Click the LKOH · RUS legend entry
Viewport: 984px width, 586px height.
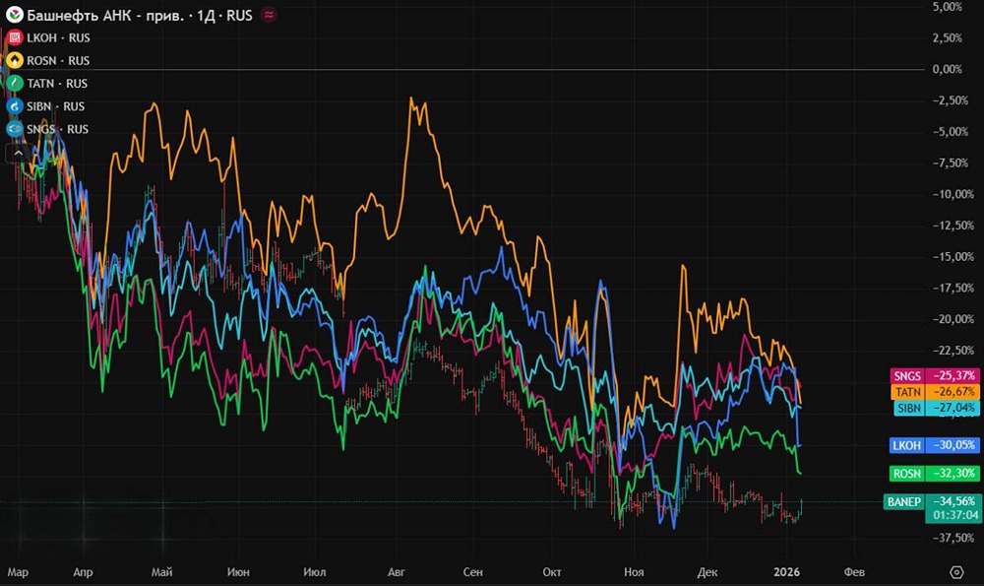click(48, 37)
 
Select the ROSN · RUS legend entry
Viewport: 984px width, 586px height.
click(48, 60)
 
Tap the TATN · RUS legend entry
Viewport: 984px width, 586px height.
click(47, 84)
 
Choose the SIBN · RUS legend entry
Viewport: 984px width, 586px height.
click(46, 106)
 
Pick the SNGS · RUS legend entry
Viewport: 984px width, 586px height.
click(47, 129)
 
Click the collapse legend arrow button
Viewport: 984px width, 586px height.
click(18, 153)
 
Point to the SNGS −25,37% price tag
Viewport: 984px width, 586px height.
click(935, 375)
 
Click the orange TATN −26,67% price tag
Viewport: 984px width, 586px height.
click(935, 392)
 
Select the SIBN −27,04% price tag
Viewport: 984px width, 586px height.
click(937, 409)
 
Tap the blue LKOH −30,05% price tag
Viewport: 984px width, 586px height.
click(935, 445)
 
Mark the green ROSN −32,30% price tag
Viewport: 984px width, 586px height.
click(935, 474)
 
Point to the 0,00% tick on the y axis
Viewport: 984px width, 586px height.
click(947, 69)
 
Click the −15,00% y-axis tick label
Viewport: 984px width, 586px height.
click(953, 256)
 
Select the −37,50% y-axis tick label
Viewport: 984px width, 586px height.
click(953, 538)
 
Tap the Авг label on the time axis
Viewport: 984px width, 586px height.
click(397, 572)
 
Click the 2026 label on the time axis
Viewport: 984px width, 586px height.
click(787, 571)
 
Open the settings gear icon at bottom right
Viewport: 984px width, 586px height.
click(956, 572)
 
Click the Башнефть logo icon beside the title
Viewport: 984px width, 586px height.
click(15, 15)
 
